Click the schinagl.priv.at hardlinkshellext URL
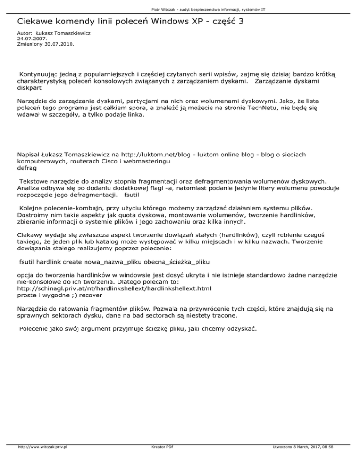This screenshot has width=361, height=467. (x=114, y=288)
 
